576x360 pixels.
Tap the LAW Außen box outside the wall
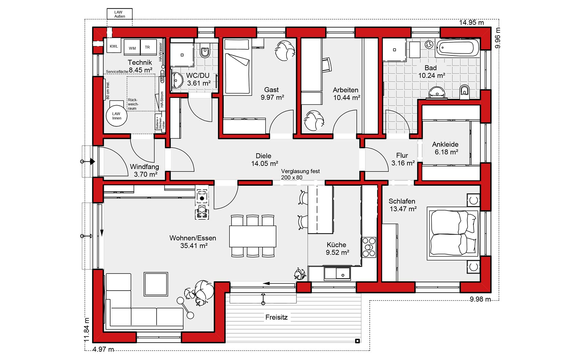[119, 14]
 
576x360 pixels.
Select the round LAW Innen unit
[117, 116]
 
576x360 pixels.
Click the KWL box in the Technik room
[114, 46]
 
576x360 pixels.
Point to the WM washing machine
[132, 47]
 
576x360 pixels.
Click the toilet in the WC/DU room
[205, 51]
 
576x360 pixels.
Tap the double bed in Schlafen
[453, 233]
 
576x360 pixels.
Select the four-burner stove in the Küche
[369, 247]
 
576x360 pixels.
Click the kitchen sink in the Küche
[337, 273]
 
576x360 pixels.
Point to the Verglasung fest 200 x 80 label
[300, 174]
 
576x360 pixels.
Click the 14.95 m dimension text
[471, 22]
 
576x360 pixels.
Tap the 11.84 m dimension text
[87, 330]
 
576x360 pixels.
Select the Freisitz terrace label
[276, 317]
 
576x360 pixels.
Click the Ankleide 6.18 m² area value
[446, 152]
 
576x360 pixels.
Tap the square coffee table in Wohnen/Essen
[156, 284]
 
